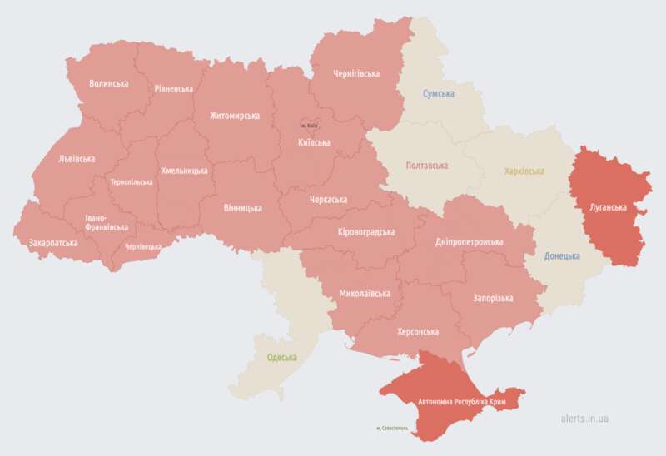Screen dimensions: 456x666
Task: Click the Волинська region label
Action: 108,83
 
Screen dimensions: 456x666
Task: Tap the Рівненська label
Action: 173,89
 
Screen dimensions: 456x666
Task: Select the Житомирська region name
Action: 234,116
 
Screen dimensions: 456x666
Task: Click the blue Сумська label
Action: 438,94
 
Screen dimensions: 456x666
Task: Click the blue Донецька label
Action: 562,255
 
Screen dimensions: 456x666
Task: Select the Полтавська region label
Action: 426,166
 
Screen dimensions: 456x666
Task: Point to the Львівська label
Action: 77,158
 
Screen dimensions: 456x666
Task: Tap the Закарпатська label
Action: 53,243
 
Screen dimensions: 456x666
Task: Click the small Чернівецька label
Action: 142,247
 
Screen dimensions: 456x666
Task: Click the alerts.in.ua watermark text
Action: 584,419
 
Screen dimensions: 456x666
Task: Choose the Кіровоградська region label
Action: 366,232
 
